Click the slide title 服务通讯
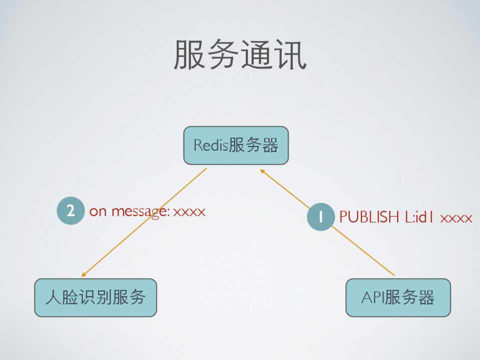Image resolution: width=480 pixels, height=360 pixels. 240,54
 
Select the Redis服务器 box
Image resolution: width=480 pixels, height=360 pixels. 236,145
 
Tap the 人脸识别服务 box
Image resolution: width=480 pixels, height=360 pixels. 95,297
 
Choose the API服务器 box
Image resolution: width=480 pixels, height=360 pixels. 398,297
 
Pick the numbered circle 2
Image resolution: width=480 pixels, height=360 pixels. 71,211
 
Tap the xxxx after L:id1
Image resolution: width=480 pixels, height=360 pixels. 456,218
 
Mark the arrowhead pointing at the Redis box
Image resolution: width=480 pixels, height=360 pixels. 262,171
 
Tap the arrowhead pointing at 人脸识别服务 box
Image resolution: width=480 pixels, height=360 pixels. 84,274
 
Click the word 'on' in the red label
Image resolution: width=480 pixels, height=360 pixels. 98,212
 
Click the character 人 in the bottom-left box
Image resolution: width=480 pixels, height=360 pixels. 52,297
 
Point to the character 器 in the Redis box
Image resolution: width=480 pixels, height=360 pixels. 270,145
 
